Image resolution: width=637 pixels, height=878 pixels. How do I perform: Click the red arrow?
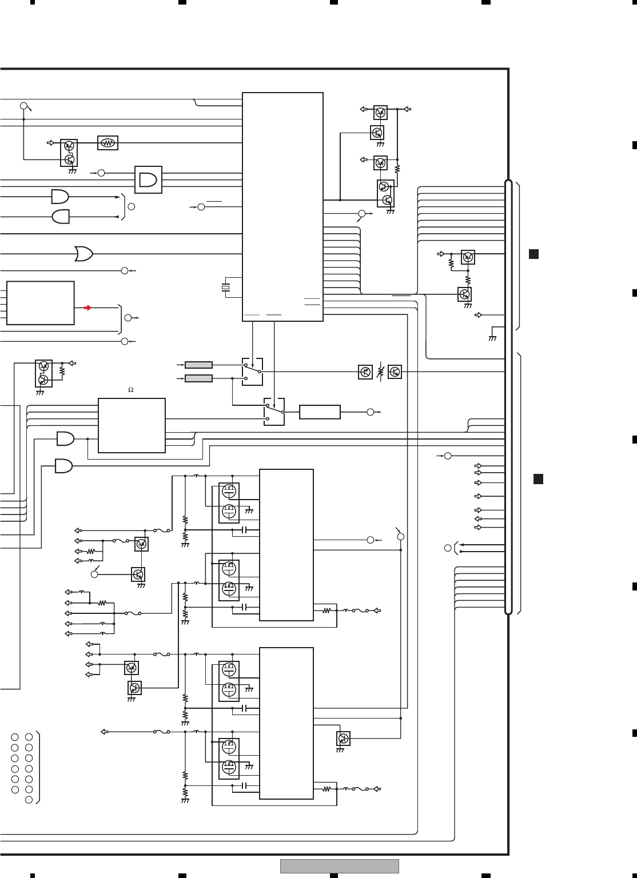[87, 308]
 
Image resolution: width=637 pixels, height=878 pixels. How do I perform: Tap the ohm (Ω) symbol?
[130, 390]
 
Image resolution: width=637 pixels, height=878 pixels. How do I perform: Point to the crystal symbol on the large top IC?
[225, 286]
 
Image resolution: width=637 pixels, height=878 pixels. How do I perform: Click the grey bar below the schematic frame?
[339, 866]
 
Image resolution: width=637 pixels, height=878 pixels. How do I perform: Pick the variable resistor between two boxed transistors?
[380, 372]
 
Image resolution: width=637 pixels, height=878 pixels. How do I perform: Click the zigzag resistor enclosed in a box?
[108, 143]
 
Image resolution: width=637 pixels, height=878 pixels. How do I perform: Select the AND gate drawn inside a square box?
[148, 179]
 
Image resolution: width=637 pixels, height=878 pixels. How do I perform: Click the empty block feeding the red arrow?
[40, 303]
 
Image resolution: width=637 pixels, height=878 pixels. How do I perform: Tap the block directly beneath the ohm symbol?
[132, 425]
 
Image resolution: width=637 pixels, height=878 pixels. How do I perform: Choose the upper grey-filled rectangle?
[199, 365]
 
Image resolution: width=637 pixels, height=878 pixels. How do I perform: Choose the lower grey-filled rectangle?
[199, 378]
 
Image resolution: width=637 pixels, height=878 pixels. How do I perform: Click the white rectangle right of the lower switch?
[320, 412]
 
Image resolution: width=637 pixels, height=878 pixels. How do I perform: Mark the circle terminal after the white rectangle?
[371, 412]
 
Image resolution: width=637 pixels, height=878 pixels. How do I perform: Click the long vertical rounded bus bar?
[508, 397]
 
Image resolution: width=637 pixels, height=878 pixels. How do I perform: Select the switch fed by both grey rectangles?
[252, 372]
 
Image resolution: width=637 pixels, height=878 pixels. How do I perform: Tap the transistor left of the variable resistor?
[365, 372]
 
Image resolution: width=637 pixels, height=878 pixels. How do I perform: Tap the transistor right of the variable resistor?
[395, 372]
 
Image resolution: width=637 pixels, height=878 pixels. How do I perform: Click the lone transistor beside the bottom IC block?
[343, 738]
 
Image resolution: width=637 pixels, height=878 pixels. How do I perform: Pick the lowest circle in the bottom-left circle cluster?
[29, 800]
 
